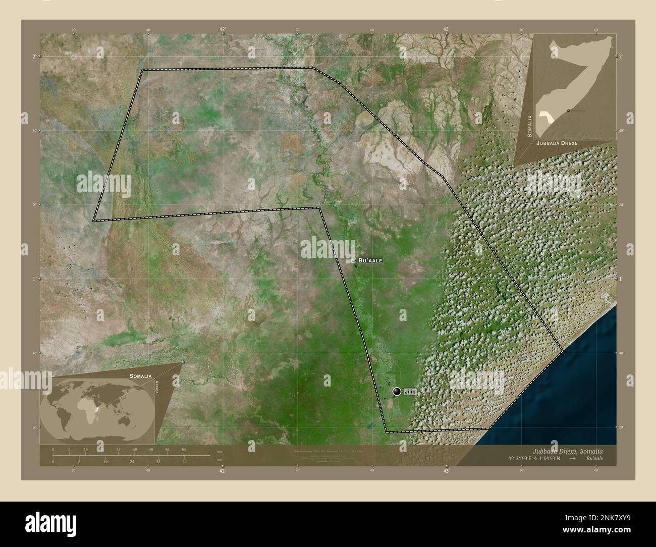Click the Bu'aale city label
(x=370, y=260)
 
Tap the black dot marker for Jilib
(x=397, y=392)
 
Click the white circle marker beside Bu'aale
(x=354, y=260)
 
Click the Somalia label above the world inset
(x=140, y=376)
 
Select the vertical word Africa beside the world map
(x=157, y=389)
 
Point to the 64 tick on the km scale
(x=184, y=449)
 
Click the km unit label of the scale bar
(x=220, y=451)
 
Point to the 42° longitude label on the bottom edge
(x=222, y=471)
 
